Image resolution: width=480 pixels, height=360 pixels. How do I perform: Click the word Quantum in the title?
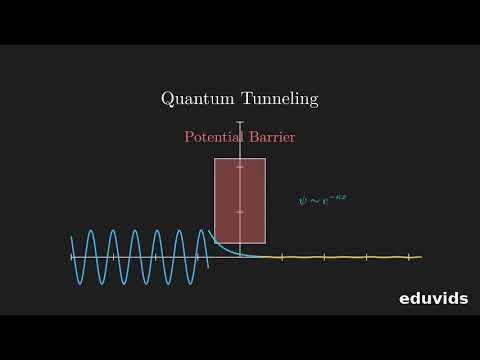point(194,99)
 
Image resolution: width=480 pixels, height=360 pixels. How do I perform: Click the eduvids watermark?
point(433,297)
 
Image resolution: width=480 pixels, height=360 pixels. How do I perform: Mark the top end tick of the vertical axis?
point(240,123)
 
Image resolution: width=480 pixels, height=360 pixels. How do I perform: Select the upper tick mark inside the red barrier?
point(240,168)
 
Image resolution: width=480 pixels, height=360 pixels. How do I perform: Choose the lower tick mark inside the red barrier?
point(240,212)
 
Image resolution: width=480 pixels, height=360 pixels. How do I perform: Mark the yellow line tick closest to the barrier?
point(283,258)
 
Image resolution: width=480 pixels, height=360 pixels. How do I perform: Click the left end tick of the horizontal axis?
point(72,257)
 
